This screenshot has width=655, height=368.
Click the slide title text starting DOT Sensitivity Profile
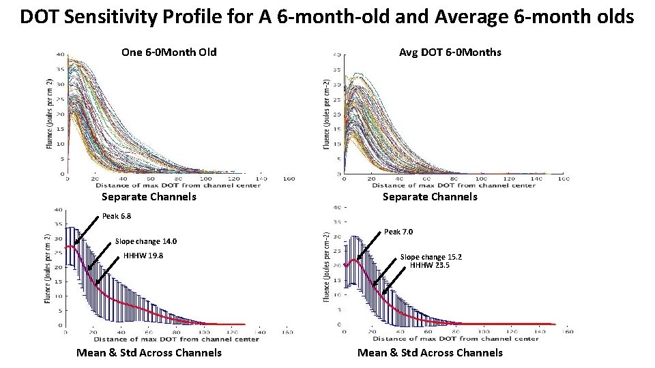(x=327, y=16)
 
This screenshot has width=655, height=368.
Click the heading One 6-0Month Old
(x=169, y=52)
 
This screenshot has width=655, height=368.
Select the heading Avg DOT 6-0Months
(x=450, y=52)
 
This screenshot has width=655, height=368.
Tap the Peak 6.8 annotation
(x=116, y=216)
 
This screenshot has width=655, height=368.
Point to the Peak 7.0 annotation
(x=398, y=232)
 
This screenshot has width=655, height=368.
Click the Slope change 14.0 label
(x=146, y=241)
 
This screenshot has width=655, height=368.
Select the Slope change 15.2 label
(x=431, y=257)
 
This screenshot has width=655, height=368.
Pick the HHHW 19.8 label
(x=144, y=256)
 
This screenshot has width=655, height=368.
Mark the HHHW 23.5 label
(x=429, y=266)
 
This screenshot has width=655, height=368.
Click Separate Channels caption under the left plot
(x=149, y=197)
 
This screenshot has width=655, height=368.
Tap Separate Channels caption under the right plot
(x=430, y=197)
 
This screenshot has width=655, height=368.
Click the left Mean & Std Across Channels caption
(x=149, y=352)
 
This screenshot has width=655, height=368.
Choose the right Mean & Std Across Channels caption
(x=430, y=352)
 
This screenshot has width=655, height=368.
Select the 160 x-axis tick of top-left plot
(x=289, y=179)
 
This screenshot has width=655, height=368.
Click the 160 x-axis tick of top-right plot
(x=564, y=179)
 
